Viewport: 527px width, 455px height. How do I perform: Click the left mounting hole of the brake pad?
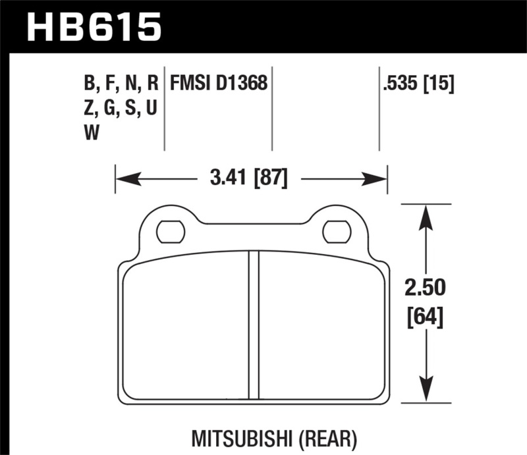click(170, 231)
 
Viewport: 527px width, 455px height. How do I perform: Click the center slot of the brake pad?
click(253, 325)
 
